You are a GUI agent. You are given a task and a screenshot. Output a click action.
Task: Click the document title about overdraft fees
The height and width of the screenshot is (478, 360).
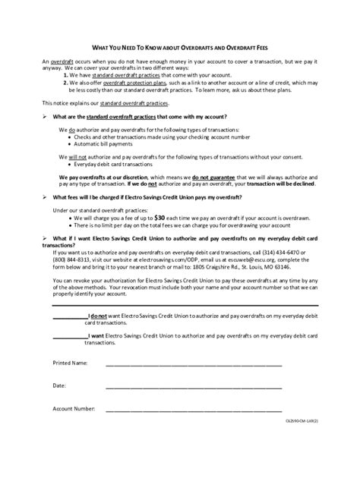coord(179,47)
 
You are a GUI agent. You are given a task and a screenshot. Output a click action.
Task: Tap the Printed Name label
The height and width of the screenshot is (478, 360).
coord(70,363)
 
